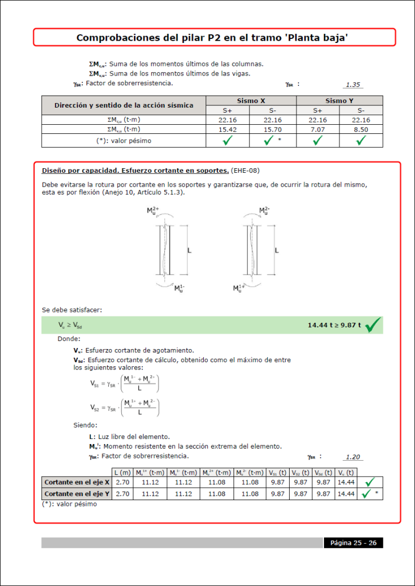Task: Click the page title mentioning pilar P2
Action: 213,38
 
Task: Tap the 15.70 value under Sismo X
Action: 272,130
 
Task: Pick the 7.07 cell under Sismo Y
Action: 318,130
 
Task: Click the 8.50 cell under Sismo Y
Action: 361,130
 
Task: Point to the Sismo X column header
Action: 251,101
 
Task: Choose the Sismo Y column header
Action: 339,101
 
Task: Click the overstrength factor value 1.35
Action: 353,85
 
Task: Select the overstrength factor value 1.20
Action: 353,457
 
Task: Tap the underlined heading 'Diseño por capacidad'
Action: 135,171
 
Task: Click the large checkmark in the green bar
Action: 373,324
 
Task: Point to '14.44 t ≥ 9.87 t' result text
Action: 334,325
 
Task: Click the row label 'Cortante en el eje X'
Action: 77,482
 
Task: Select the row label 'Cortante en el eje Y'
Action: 77,493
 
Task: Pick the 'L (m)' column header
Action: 123,472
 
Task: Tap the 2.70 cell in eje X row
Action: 123,482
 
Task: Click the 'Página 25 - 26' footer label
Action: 353,543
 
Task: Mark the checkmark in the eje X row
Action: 369,482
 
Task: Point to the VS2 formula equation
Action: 124,407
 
